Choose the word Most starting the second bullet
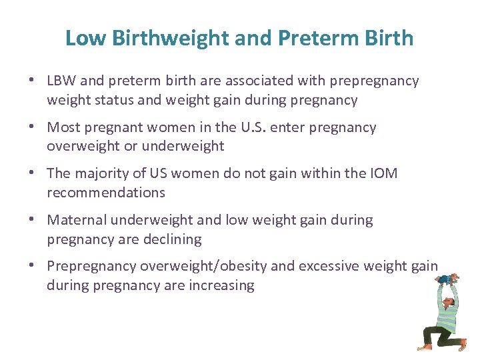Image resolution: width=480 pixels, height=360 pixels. click(63, 127)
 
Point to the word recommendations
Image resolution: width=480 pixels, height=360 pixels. click(105, 193)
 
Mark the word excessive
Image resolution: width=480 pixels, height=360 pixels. click(331, 267)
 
